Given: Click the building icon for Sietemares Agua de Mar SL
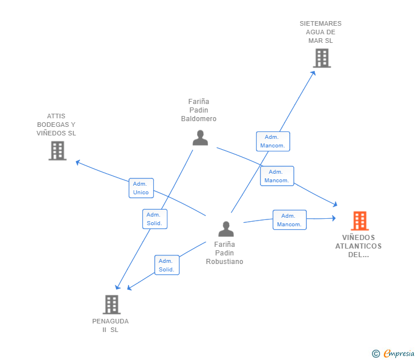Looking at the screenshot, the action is click(322, 58).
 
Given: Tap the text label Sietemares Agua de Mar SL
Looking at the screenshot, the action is click(321, 32).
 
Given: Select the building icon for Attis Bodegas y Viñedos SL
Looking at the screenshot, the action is click(57, 150).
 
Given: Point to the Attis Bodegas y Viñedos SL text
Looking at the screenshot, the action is click(56, 125).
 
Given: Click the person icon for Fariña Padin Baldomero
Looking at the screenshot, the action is click(200, 138).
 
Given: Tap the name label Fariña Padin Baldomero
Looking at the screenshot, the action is click(199, 110).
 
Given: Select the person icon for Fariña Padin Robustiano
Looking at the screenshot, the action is click(226, 229).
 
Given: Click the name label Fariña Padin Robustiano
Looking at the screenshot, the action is click(225, 253).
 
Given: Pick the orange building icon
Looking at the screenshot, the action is click(359, 221).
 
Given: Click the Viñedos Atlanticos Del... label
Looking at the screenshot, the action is click(358, 246).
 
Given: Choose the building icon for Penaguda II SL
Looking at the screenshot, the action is click(111, 304).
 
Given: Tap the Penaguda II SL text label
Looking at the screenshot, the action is click(110, 325).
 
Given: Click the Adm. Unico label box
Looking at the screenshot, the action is click(141, 188).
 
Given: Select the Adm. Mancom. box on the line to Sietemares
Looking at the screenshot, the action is click(273, 141).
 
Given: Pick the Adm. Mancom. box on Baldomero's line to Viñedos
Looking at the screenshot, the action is click(277, 176).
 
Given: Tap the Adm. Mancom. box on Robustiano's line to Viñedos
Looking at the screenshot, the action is click(289, 220).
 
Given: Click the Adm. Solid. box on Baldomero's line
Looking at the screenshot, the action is click(155, 219).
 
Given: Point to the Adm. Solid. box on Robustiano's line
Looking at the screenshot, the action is click(167, 265).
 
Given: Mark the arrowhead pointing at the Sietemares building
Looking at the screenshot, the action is click(313, 72).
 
